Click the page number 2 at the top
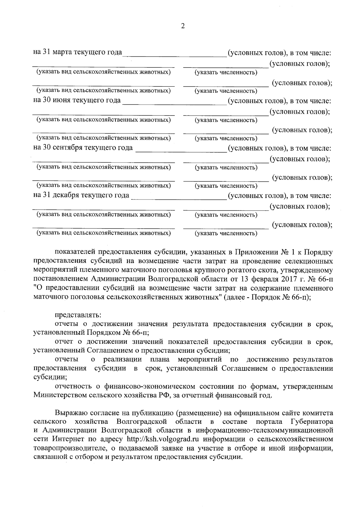coord(183,26)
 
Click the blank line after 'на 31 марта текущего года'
coord(175,54)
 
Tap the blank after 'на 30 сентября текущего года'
coord(181,149)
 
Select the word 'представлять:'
coord(78,315)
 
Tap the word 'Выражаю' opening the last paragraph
coord(69,413)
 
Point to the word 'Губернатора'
coord(312,422)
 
